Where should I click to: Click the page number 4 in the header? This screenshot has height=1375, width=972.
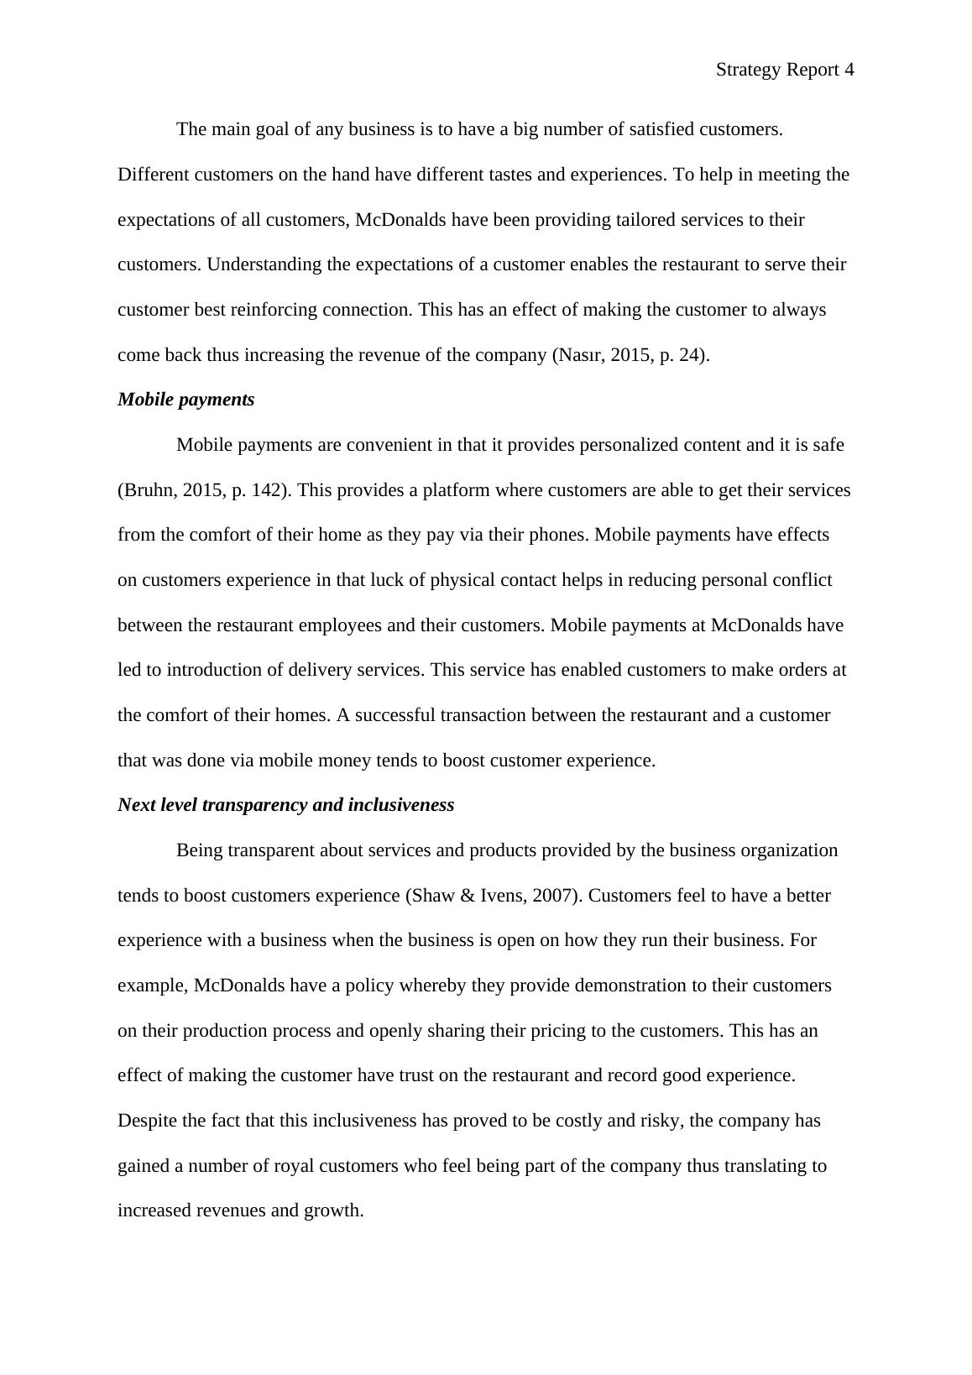pos(849,71)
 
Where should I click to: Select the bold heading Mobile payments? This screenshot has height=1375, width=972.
pos(186,400)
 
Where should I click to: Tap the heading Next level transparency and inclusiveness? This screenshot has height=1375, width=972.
pos(285,805)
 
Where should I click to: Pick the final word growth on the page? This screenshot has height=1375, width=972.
pos(333,1211)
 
